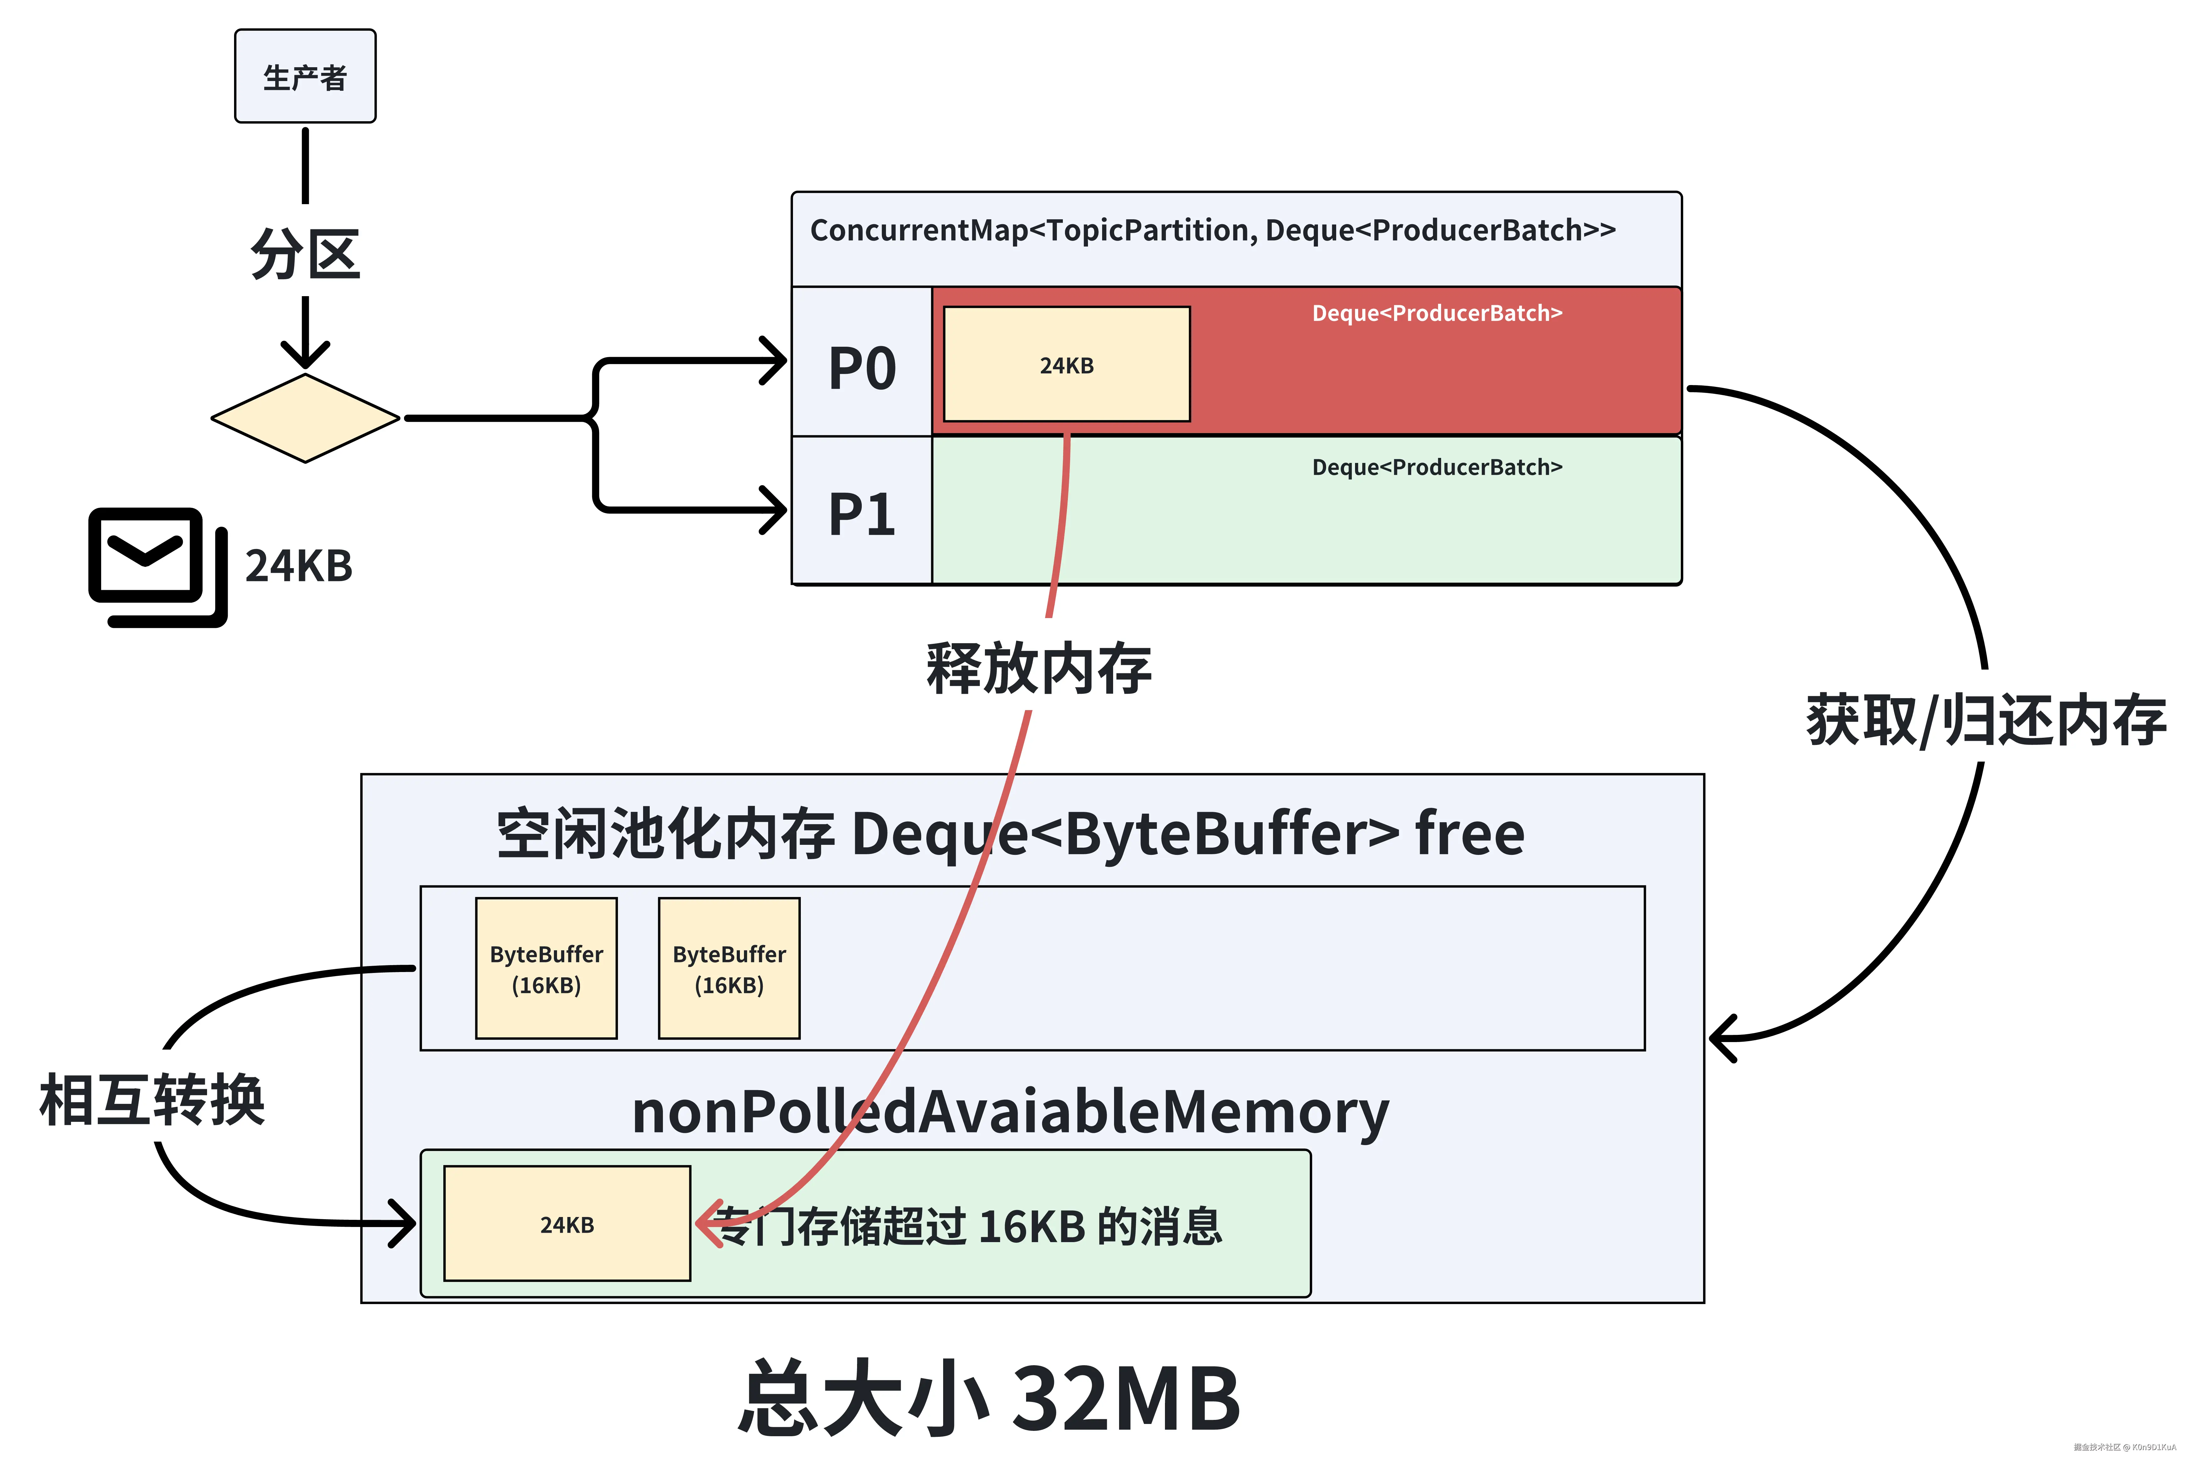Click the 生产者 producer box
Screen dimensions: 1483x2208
pos(305,76)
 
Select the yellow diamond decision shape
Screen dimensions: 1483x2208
pos(305,418)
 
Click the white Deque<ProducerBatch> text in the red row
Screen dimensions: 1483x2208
pos(1436,313)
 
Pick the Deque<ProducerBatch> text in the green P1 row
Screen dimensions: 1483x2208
pos(1436,467)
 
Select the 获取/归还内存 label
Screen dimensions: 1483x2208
pos(1985,721)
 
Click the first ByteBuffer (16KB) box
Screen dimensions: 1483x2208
pos(546,969)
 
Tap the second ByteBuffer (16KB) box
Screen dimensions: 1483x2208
pos(729,969)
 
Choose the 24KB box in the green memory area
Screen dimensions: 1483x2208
pos(567,1224)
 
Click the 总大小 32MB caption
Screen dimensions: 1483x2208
pos(989,1398)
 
